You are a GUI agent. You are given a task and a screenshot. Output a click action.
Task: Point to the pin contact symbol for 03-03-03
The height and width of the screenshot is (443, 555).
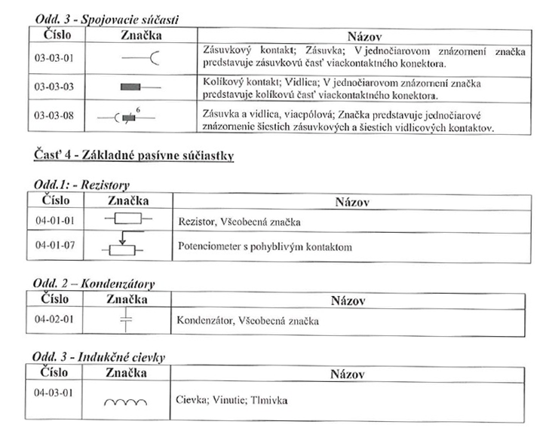tap(140, 87)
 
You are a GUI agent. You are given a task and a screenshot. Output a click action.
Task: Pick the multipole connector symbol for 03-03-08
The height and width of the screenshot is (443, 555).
tap(128, 118)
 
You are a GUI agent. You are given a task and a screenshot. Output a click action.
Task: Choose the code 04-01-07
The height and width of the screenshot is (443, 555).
tap(54, 246)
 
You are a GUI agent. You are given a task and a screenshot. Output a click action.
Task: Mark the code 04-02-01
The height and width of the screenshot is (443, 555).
tap(54, 319)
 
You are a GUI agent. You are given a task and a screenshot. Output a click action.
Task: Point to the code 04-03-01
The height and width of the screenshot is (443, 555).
tap(54, 393)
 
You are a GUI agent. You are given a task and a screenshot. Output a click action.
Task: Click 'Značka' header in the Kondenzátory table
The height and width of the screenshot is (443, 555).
tap(126, 299)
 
